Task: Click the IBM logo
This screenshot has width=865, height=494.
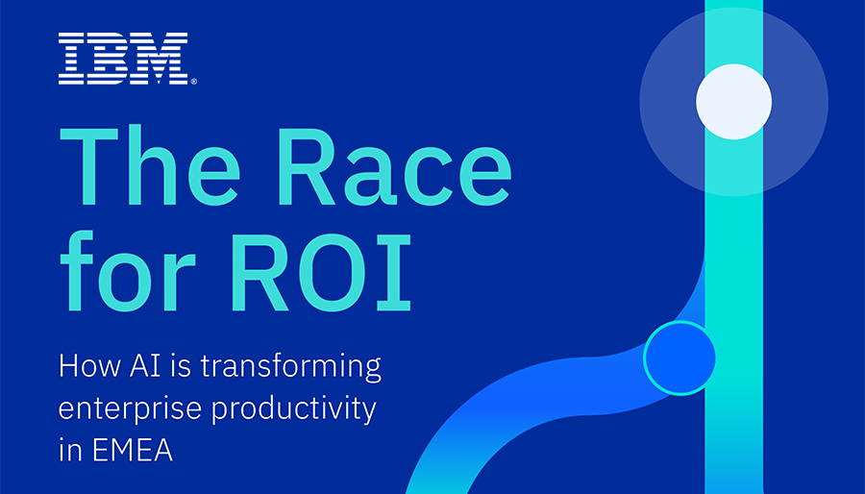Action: pos(122,57)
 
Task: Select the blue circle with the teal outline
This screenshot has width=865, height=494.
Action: pos(680,358)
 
